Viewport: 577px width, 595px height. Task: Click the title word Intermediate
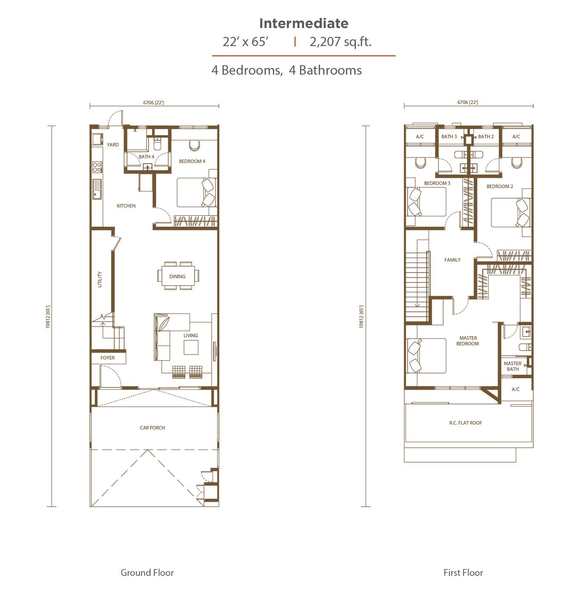tap(303, 23)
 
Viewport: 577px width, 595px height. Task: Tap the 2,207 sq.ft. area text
tap(340, 42)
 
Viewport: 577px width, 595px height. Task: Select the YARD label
tap(113, 145)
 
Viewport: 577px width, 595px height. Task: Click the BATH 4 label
tap(146, 157)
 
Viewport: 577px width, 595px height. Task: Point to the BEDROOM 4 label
tap(192, 161)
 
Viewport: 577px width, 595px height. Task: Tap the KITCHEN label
tap(126, 206)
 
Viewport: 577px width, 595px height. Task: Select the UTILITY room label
tap(99, 279)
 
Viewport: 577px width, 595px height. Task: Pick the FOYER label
tap(107, 358)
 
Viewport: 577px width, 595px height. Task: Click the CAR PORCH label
tap(153, 428)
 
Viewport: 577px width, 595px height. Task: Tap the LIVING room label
tap(191, 335)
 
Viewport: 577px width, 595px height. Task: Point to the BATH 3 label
tap(449, 137)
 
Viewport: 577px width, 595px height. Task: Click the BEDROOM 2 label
tap(500, 186)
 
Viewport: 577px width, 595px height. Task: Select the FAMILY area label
tap(452, 260)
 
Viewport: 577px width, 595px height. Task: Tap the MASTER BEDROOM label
tap(468, 341)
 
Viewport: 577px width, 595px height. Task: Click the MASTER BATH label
tap(512, 366)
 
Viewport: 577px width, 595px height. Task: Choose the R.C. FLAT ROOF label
tap(466, 423)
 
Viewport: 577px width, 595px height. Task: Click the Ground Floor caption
tap(147, 573)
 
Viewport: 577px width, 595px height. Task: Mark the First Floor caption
tap(463, 573)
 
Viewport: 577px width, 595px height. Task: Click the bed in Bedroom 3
tap(426, 202)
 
